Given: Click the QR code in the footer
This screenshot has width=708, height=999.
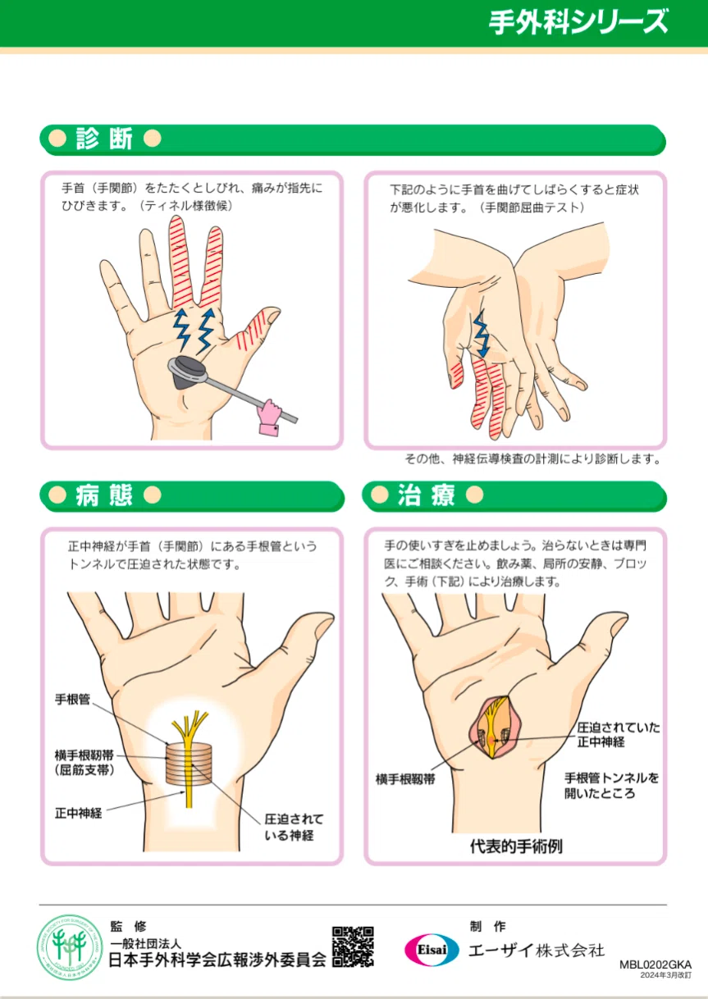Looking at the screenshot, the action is [353, 946].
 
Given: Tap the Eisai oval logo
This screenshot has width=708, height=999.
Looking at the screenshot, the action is [432, 950].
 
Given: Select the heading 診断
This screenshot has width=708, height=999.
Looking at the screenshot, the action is [104, 139].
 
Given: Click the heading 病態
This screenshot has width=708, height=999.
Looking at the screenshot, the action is [104, 495].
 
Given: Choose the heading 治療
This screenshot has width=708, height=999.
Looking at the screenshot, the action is [427, 495].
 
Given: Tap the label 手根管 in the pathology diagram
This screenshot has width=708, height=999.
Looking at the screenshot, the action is [73, 699].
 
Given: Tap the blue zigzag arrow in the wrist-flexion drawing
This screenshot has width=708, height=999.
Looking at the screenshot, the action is [481, 333].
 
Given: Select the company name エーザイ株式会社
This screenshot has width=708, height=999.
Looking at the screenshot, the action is [537, 950].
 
